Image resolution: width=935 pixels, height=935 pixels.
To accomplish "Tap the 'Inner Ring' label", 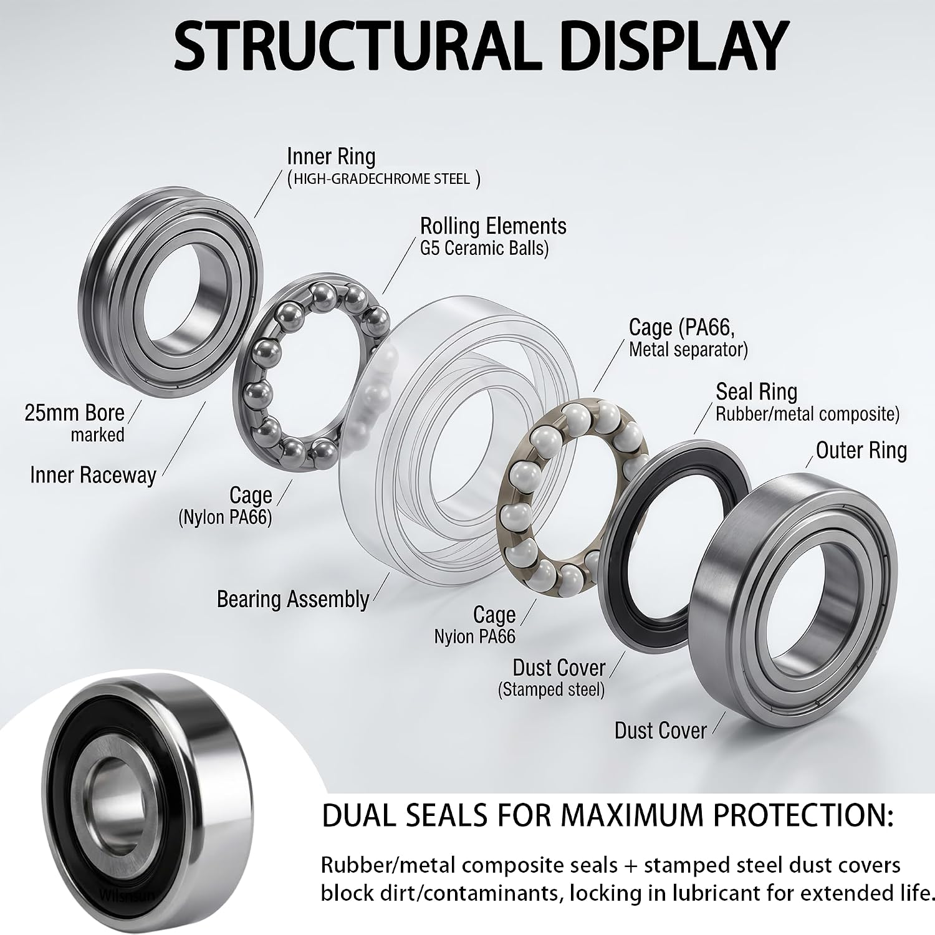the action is pos(331,156).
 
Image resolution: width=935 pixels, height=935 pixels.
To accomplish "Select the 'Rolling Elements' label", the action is pos(493,226).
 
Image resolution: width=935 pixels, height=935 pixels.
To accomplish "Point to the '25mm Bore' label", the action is pos(74,413).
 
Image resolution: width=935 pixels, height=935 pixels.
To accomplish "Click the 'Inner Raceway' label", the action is pos(93,476).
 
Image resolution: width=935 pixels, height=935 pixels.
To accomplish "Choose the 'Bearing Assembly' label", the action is pos(293,599).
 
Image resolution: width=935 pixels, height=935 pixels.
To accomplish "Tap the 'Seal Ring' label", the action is pos(756,391).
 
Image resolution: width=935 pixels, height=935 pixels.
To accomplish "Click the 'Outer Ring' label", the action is pos(861,450).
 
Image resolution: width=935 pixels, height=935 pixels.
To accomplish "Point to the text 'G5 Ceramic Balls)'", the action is pos(484,249).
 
